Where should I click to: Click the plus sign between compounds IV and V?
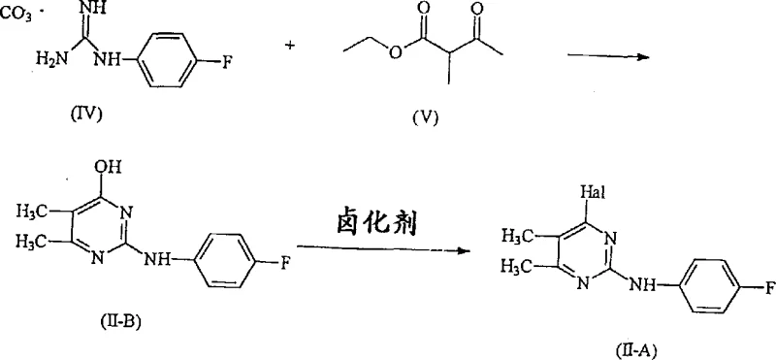(x=290, y=47)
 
